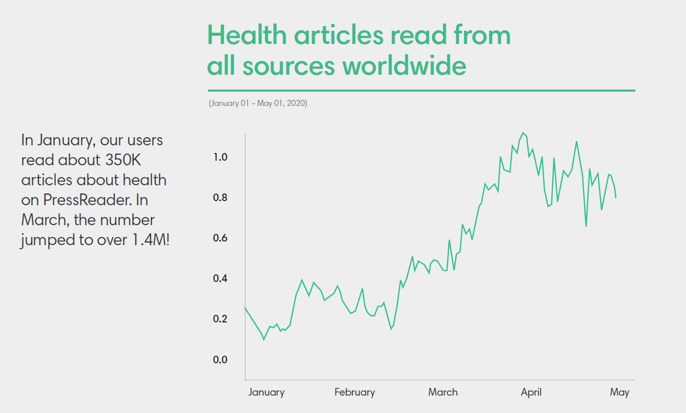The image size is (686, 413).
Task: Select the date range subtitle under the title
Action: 258,103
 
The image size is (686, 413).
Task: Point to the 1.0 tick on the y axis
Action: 220,157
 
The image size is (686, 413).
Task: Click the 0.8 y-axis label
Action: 220,198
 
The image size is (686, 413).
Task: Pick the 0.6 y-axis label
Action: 220,238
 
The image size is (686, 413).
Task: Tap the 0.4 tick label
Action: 220,278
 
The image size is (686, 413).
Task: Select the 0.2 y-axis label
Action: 220,319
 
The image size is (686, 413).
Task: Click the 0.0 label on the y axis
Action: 220,359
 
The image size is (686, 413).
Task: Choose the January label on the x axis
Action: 266,393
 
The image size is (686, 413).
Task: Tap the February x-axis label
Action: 355,393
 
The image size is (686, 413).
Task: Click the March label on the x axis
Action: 443,393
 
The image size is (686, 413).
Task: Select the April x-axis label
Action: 531,393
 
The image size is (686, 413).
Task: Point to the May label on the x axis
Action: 619,393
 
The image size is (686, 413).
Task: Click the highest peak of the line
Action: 523,133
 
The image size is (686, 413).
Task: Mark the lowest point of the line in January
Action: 264,339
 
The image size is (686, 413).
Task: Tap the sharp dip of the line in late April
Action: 586,226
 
